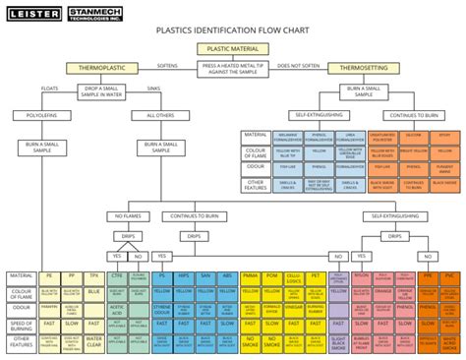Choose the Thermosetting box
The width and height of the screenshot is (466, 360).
point(364,68)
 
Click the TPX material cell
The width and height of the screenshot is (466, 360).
point(94,249)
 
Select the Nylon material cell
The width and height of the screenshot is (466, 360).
point(361,249)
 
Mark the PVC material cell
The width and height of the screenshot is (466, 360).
point(449,249)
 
